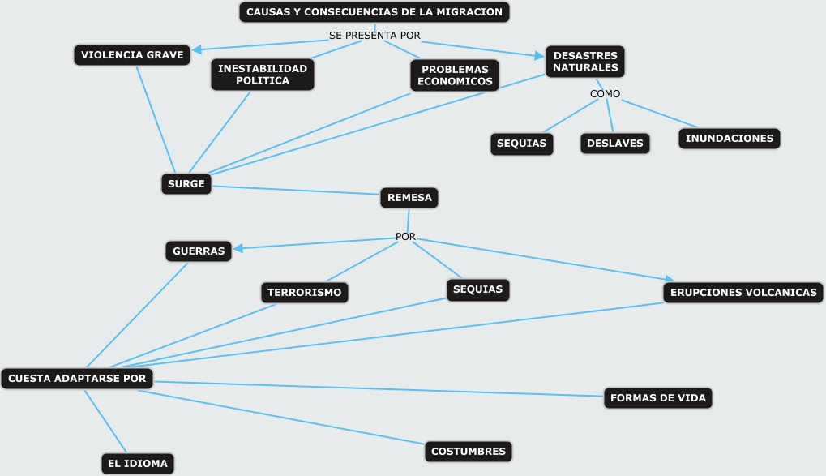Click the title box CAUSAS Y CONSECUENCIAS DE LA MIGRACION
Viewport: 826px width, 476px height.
374,12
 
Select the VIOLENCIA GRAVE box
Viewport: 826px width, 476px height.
132,55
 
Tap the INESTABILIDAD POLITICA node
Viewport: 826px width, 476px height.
263,75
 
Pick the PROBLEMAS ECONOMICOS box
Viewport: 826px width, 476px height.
455,75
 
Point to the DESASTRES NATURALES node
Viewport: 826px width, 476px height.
585,62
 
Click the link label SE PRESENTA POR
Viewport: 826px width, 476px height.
374,36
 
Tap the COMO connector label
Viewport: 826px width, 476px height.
605,94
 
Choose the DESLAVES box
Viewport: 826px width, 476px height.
615,144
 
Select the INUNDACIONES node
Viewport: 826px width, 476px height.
730,139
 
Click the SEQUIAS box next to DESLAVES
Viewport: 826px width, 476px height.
522,144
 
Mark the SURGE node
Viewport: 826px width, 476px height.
186,184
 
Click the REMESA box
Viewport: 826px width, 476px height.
409,197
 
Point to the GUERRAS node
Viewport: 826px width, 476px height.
199,251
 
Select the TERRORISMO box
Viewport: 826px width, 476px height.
305,292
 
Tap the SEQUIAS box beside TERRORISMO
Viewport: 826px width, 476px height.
477,289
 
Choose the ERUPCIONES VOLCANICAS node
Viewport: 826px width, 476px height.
743,292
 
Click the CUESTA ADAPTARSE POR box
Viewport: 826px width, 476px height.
77,379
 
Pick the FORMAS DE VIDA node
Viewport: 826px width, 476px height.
658,398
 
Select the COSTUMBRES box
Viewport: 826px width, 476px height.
469,451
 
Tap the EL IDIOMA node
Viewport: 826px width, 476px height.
138,464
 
